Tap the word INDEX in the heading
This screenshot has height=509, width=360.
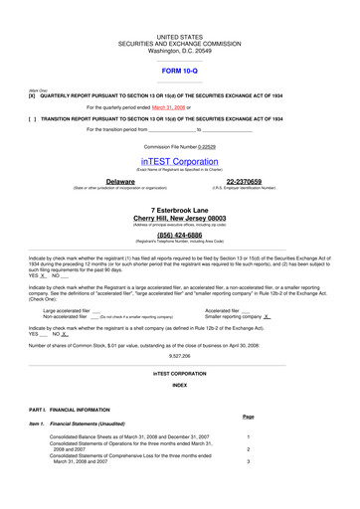pos(179,384)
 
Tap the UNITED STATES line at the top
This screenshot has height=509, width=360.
pos(179,34)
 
